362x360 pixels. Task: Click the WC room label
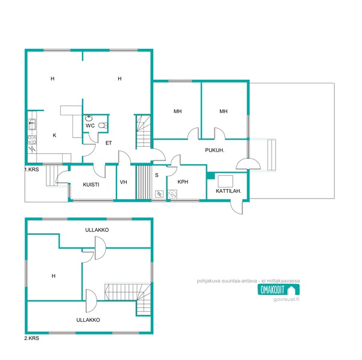90,126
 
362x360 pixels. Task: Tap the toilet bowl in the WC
103,125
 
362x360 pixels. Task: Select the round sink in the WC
89,118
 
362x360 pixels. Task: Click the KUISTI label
91,185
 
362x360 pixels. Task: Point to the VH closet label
123,182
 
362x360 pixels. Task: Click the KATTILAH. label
228,191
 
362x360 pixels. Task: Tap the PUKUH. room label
214,150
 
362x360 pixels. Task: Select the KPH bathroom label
183,182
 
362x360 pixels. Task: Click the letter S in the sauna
156,175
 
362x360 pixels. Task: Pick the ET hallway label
109,143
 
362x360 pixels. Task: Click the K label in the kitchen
54,135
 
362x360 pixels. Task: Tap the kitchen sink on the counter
32,124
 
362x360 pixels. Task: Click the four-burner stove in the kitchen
32,140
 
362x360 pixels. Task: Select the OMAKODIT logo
279,290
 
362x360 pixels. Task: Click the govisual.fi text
286,299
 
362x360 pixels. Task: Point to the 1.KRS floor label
32,170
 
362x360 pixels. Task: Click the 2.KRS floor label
32,338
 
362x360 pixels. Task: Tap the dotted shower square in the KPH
172,194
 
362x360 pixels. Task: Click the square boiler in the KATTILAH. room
225,181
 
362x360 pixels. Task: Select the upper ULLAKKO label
97,230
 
